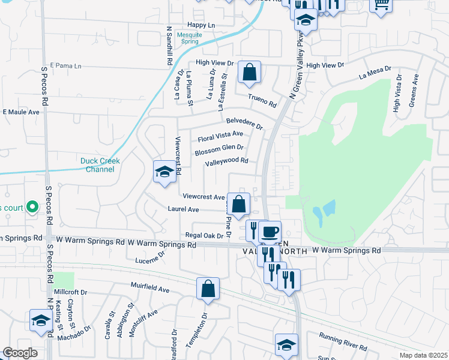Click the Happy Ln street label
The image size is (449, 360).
click(200, 25)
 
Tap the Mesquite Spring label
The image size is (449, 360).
click(202, 38)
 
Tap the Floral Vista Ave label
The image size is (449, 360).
click(220, 136)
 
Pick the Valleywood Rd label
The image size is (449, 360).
click(226, 161)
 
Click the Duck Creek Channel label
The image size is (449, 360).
click(97, 165)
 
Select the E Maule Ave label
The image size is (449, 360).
click(21, 112)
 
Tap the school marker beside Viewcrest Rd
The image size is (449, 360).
click(164, 172)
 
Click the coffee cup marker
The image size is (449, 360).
click(270, 232)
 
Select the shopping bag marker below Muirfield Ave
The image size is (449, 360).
click(207, 289)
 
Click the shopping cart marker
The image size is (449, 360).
click(381, 5)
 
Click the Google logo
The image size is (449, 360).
click(20, 353)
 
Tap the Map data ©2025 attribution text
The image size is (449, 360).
click(423, 355)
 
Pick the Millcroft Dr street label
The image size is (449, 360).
click(71, 292)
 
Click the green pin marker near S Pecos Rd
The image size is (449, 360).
click(34, 206)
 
